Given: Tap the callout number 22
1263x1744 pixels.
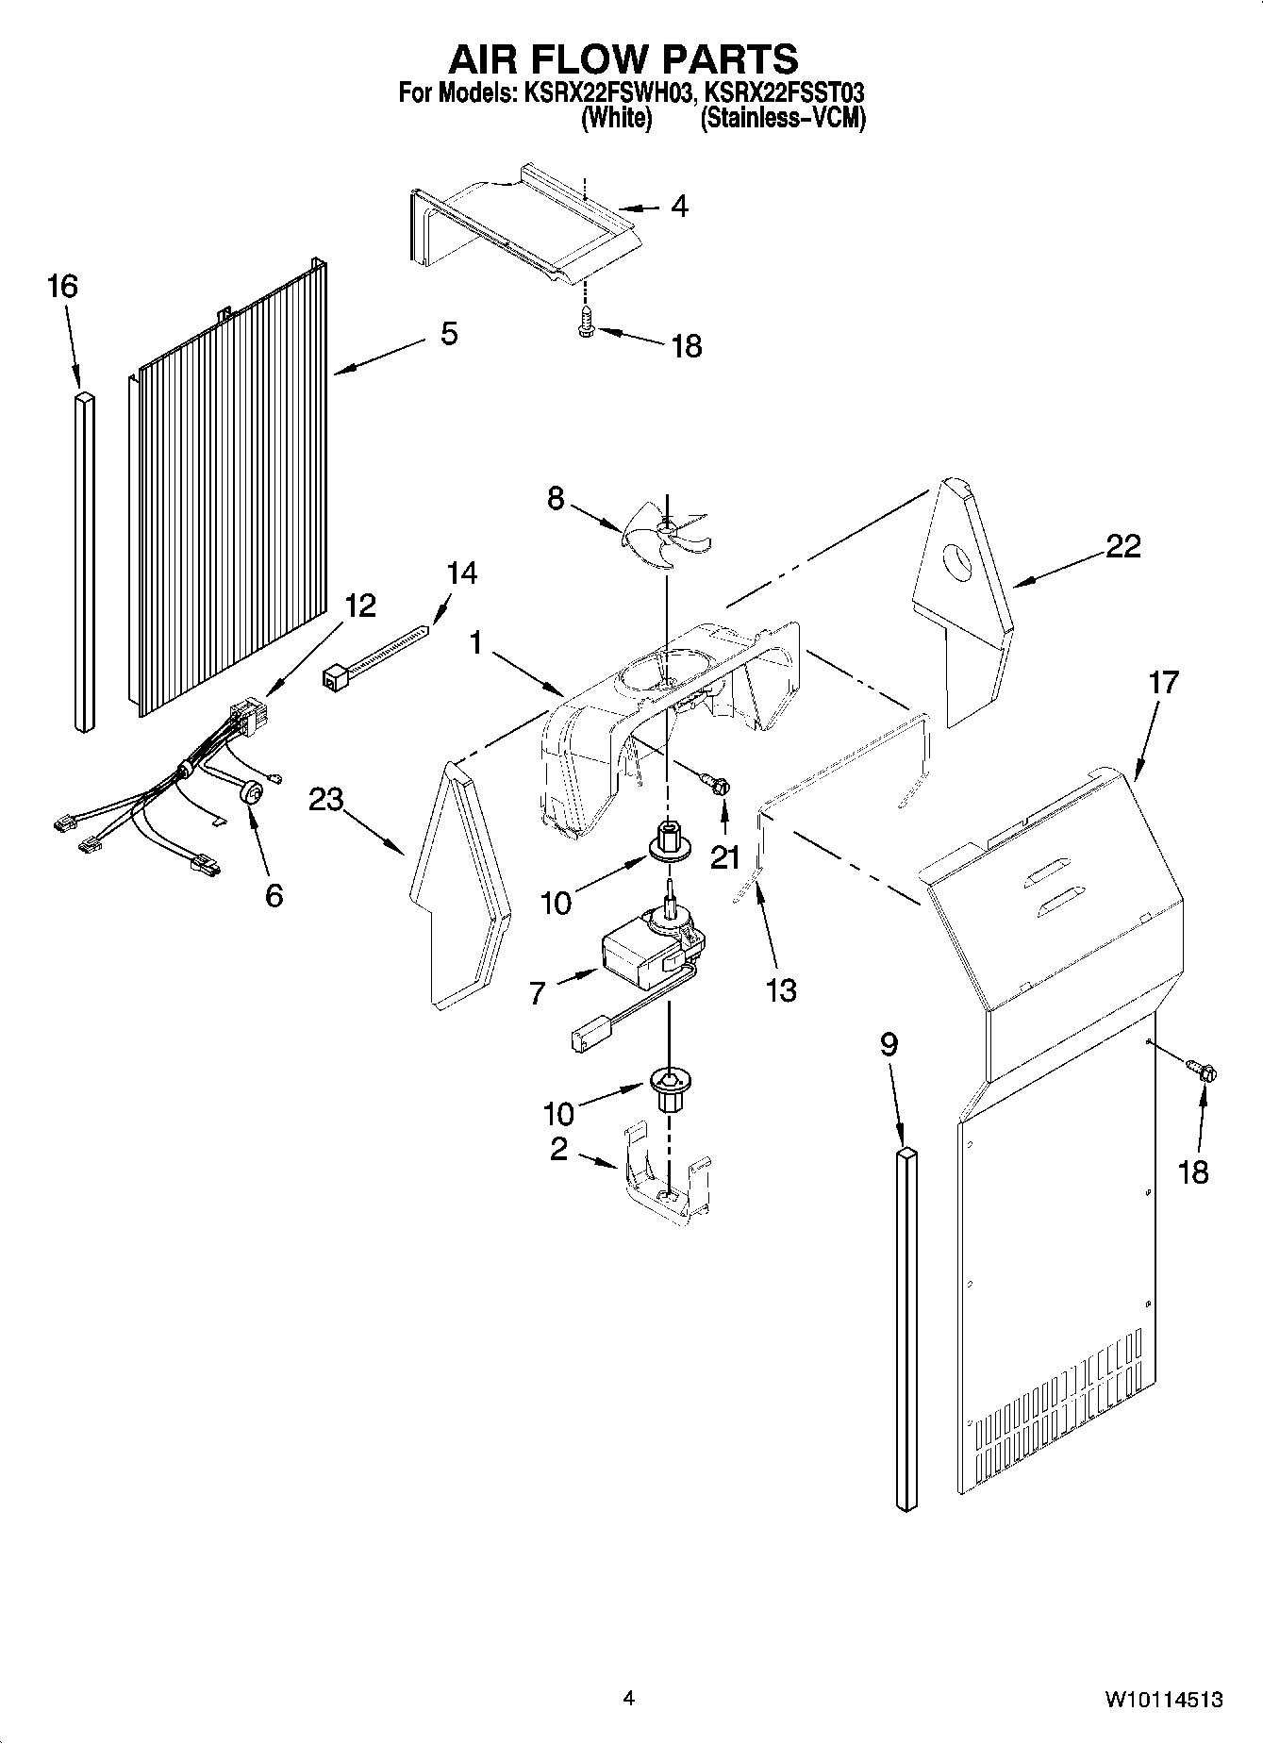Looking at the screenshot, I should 1122,545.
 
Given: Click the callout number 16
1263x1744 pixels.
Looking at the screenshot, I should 62,286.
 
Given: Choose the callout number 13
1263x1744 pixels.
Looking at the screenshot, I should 782,989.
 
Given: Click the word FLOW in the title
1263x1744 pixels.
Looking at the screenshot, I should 623,58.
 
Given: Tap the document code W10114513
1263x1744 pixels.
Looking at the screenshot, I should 1164,1700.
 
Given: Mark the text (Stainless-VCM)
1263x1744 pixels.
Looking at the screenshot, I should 782,118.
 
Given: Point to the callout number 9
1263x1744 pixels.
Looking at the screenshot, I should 889,1044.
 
